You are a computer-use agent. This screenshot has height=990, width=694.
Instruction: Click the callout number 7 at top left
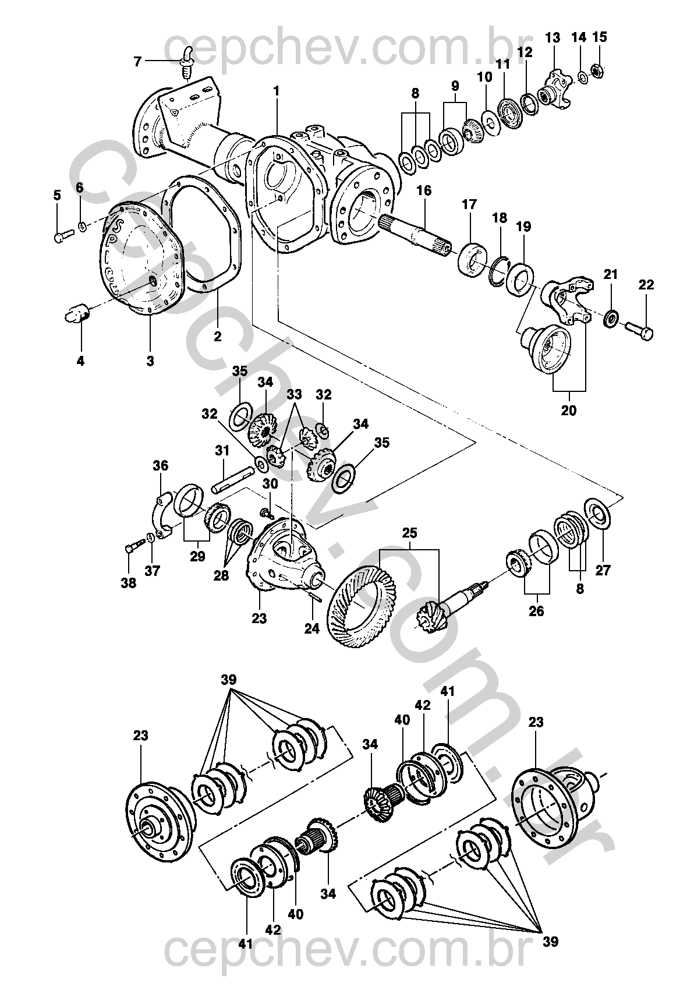tap(137, 61)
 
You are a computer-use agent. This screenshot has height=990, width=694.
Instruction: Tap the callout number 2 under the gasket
tap(217, 337)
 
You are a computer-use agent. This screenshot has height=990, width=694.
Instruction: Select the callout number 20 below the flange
tap(568, 410)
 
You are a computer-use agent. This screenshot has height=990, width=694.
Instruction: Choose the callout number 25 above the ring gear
tap(409, 533)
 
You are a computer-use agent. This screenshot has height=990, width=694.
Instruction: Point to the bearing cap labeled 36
tap(163, 512)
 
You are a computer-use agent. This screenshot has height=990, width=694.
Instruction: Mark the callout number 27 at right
tap(603, 570)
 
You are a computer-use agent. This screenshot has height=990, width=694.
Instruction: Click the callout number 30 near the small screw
tap(270, 485)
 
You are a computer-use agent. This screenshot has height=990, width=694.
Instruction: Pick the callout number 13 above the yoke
tap(552, 38)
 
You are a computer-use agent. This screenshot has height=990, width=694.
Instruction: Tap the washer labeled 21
tap(611, 319)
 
